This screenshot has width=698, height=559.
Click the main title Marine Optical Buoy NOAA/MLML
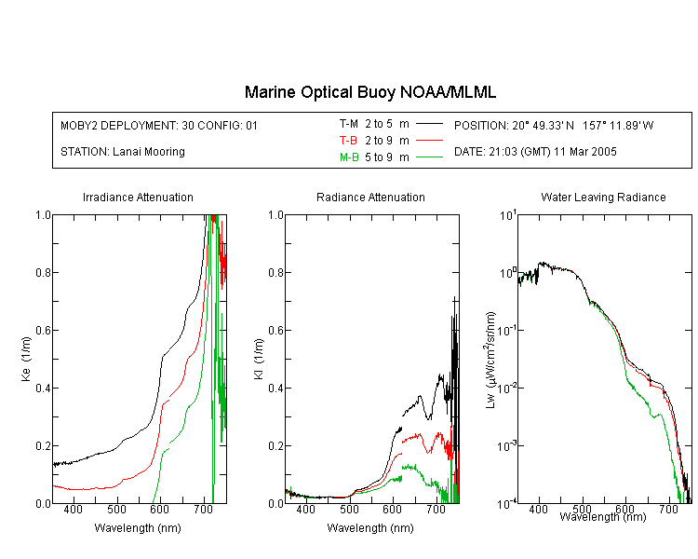[x=370, y=92]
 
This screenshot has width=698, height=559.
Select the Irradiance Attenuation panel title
[x=138, y=197]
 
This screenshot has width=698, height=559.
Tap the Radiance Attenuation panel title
[x=370, y=197]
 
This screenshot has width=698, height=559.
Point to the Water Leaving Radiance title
[x=604, y=197]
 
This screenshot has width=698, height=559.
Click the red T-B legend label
[x=349, y=141]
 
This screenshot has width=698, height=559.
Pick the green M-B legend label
[x=349, y=157]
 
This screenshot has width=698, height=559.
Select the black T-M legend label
[x=349, y=124]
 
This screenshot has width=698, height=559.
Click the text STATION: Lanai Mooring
[x=123, y=152]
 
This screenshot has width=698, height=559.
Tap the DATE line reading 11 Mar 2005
[x=535, y=152]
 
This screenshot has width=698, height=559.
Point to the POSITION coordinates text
[x=554, y=125]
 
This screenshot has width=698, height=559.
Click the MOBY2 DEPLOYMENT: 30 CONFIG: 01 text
[x=159, y=125]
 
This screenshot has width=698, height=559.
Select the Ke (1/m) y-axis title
[x=26, y=360]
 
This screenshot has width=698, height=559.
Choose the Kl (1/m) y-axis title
[x=259, y=360]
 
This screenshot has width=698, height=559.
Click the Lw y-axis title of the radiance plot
[x=490, y=360]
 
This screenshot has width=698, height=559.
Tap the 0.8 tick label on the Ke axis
[x=43, y=272]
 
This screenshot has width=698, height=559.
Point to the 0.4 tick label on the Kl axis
[x=276, y=388]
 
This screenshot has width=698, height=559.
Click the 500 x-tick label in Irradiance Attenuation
[x=116, y=509]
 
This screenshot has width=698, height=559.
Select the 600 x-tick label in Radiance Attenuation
[x=392, y=509]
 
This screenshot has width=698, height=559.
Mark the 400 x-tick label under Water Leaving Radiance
[x=539, y=509]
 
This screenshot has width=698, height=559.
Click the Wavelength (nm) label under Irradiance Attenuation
[x=138, y=528]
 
